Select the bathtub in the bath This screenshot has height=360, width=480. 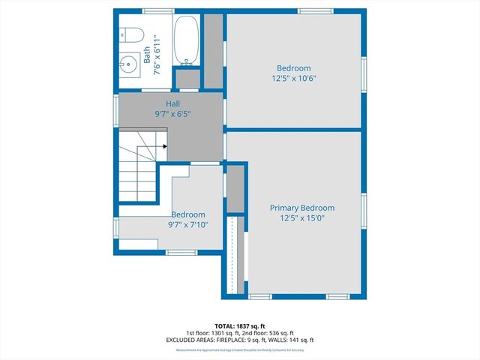186,41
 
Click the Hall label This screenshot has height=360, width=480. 172,103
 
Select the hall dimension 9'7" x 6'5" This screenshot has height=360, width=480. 172,115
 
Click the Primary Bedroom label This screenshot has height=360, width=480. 302,208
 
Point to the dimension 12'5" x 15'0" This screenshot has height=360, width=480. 302,218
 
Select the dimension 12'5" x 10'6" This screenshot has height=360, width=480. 293,78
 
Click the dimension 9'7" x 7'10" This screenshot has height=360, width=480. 187,224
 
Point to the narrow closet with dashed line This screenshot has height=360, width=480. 236,255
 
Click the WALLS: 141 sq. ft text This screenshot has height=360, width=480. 295,340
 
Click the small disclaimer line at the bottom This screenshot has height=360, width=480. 240,349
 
